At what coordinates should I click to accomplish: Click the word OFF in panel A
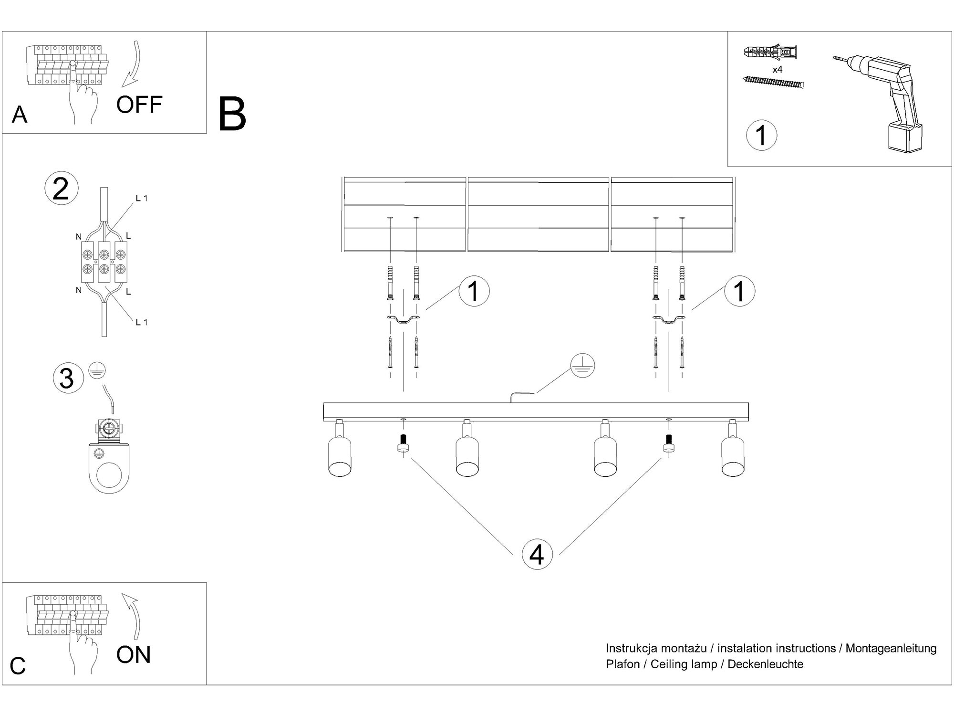(x=139, y=105)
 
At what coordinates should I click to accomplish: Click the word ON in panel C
(x=134, y=654)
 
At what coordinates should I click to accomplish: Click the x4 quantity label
(x=778, y=70)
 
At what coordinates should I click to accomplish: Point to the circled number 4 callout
(x=537, y=555)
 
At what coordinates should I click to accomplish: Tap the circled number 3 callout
(x=68, y=379)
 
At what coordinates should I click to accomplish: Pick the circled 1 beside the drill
(x=761, y=135)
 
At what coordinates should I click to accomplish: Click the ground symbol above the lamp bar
(x=583, y=366)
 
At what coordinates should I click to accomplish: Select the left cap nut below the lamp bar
(x=404, y=444)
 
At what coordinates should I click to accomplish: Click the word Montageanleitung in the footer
(x=891, y=648)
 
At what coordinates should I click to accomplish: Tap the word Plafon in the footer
(x=622, y=664)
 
